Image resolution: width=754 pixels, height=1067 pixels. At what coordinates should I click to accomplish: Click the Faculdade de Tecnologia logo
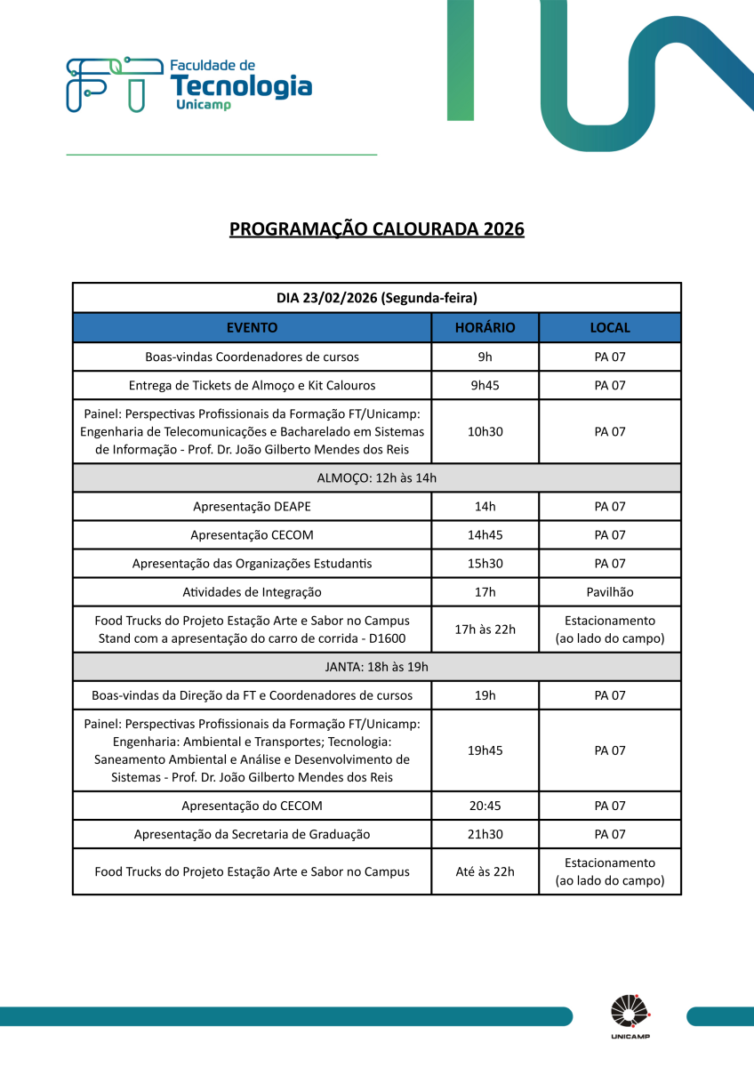click(188, 86)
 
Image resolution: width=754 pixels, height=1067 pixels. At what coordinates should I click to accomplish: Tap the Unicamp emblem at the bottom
click(630, 1017)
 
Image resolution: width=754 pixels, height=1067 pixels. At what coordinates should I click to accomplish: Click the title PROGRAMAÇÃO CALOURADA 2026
click(377, 229)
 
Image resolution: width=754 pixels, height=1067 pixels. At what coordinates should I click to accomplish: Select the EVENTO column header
click(252, 327)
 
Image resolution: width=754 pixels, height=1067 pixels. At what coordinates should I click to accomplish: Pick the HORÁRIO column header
click(485, 327)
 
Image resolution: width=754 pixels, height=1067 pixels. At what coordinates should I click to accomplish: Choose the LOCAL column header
click(610, 327)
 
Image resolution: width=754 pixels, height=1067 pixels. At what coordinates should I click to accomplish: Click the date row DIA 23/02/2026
click(377, 298)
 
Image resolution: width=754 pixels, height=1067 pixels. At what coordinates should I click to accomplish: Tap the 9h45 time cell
click(485, 386)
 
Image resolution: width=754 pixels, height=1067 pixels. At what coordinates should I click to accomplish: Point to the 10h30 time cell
click(485, 431)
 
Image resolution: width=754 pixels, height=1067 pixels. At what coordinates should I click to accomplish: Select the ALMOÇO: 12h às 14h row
click(377, 477)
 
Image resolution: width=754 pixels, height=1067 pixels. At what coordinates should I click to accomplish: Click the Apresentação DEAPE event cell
click(252, 507)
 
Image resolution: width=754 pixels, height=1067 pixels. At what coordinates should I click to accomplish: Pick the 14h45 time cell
click(485, 535)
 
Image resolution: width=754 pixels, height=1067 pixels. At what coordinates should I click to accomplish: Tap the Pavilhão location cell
click(610, 592)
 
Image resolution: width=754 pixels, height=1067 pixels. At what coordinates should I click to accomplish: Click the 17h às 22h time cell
click(485, 630)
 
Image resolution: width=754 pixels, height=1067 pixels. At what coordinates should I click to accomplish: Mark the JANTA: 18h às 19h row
click(377, 667)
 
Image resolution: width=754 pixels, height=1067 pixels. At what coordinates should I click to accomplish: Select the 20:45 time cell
click(485, 806)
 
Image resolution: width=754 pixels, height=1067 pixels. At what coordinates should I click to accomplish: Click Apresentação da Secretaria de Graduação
click(252, 834)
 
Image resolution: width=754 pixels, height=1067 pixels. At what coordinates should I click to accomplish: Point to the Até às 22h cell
click(485, 871)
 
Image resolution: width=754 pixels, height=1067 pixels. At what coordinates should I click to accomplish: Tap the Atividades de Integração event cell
click(252, 592)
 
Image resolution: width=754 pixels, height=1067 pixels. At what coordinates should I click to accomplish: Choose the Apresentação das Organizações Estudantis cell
click(252, 564)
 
